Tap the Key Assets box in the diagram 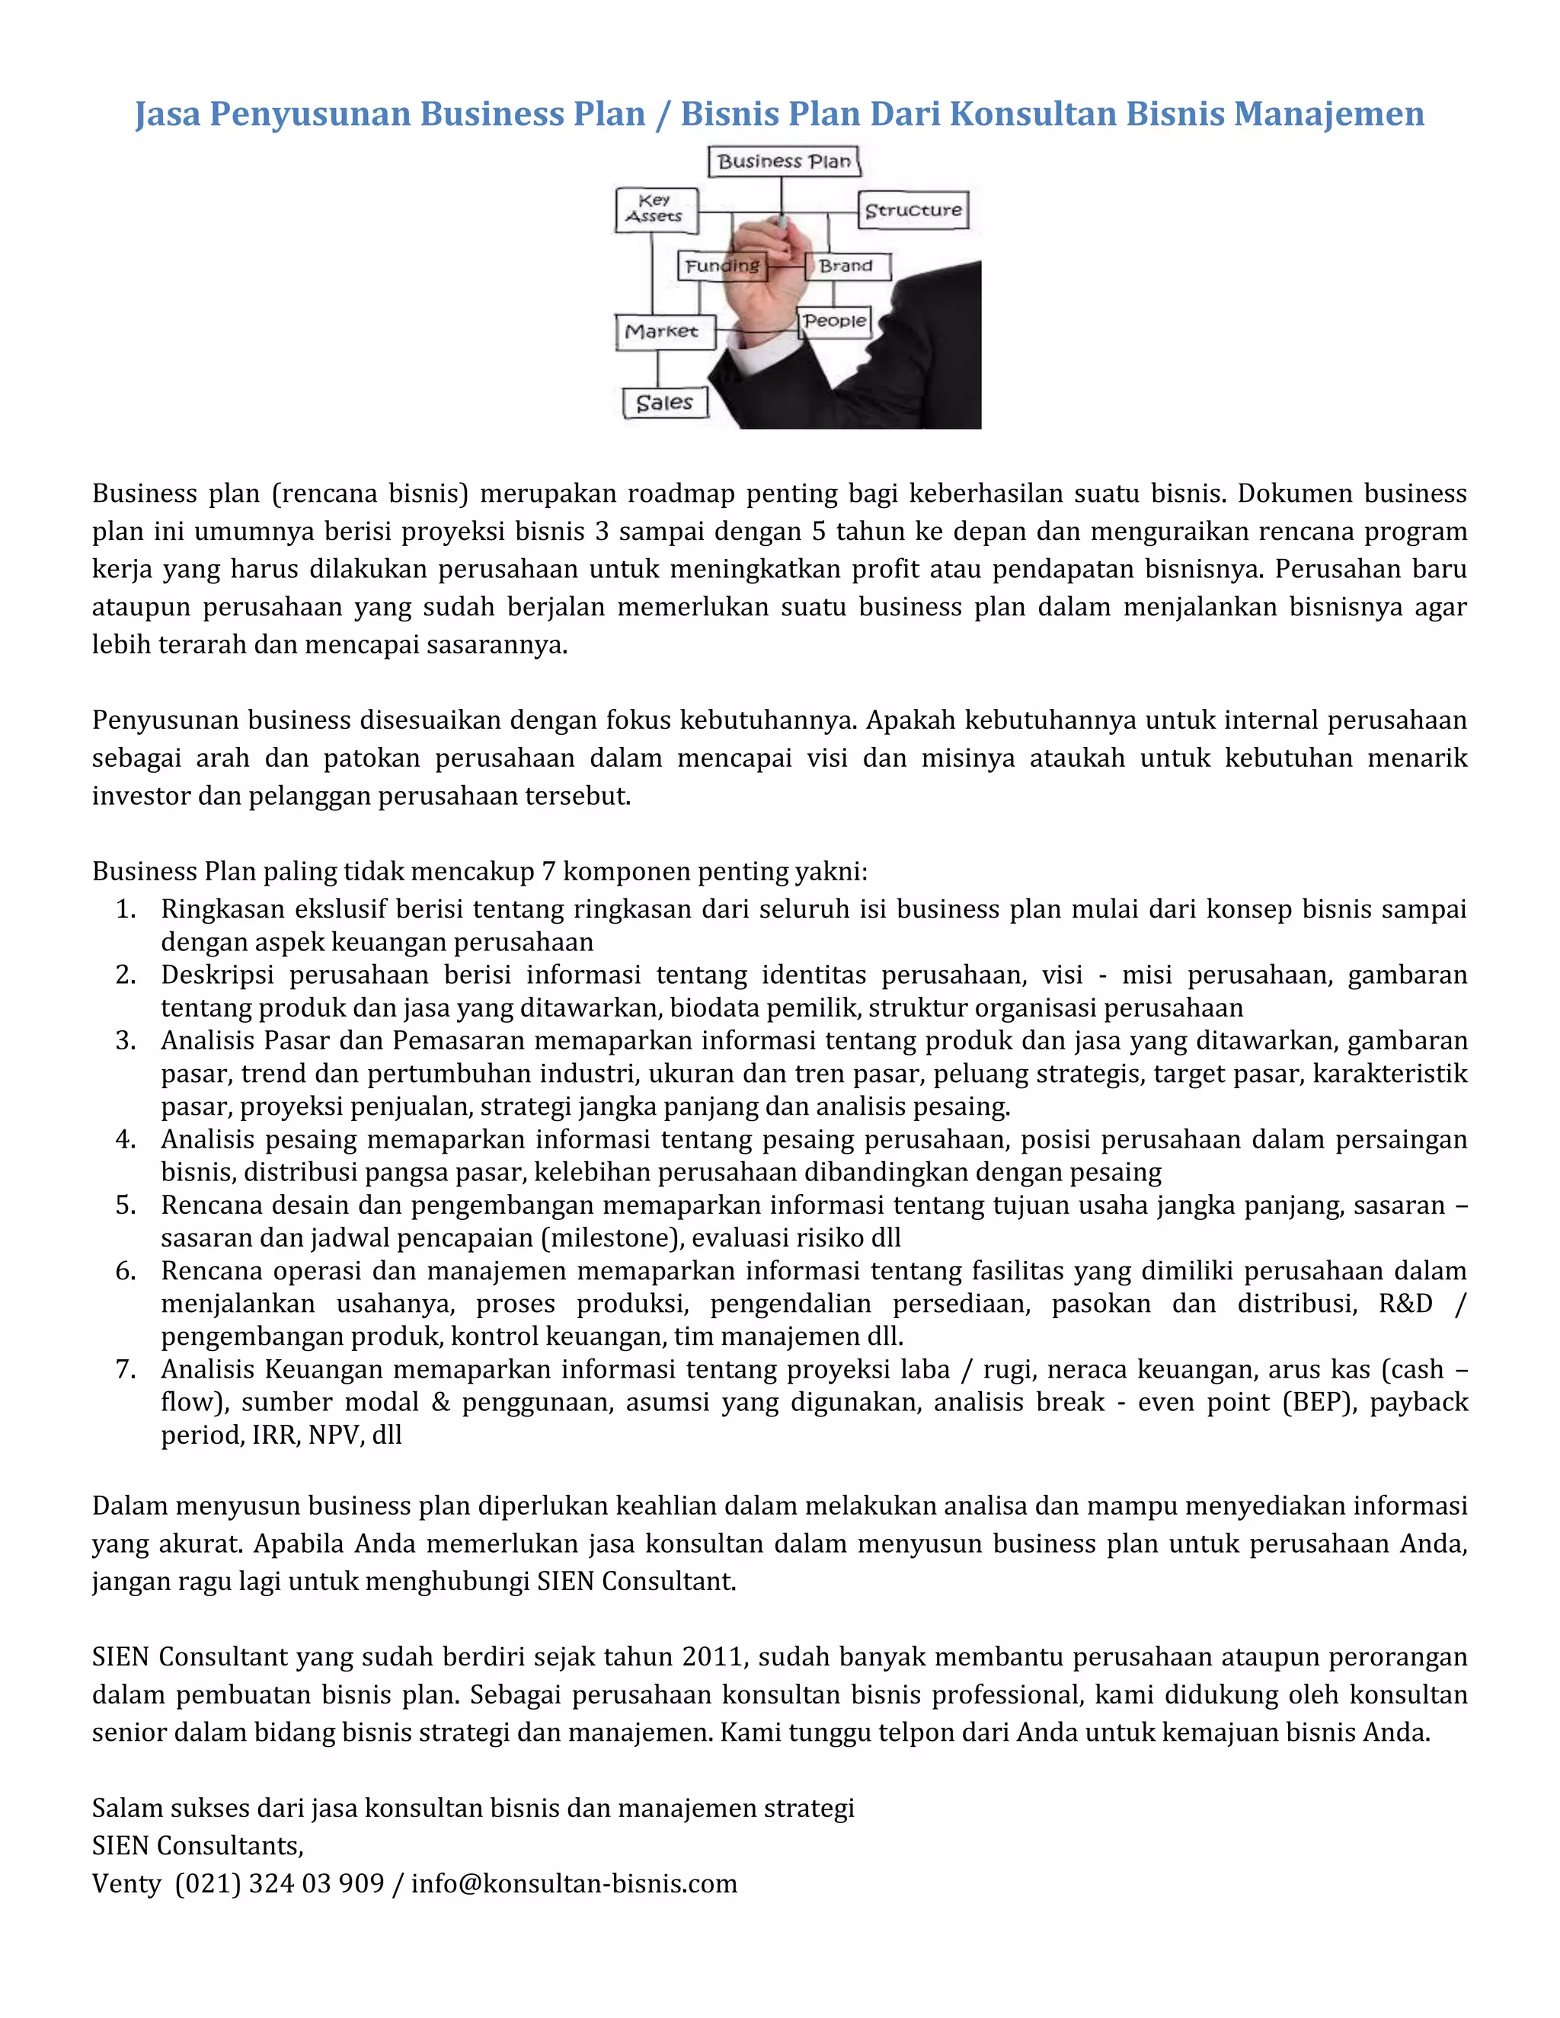point(655,209)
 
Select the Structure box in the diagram point(912,211)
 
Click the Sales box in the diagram point(664,403)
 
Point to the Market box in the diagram point(663,332)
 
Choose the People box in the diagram point(835,321)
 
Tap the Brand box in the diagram point(846,266)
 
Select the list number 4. point(126,1139)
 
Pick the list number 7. point(126,1369)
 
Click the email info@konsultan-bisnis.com point(574,1883)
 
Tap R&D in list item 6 point(1405,1304)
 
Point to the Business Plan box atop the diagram point(784,161)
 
